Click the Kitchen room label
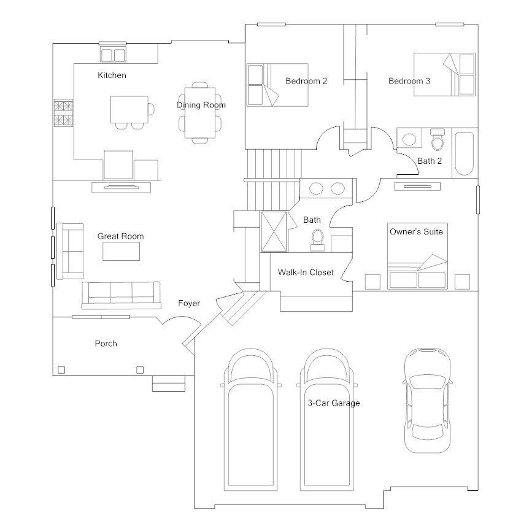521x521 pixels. [112, 75]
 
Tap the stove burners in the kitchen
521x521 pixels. [63, 113]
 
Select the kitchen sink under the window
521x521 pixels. [113, 55]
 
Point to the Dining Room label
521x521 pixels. [201, 106]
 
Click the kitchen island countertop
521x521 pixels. [129, 110]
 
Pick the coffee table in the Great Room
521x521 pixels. [122, 252]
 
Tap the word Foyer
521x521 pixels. [189, 303]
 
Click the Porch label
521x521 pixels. [106, 344]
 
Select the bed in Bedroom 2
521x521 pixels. [277, 85]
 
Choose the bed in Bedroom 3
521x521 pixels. [444, 74]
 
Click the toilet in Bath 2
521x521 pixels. [438, 139]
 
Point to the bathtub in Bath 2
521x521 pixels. [464, 153]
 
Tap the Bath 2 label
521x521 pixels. [430, 161]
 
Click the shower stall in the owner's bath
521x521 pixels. [274, 231]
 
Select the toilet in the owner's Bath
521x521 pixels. [318, 240]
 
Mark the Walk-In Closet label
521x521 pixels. [306, 272]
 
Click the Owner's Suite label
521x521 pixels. [416, 231]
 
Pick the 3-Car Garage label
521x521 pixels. [334, 403]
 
